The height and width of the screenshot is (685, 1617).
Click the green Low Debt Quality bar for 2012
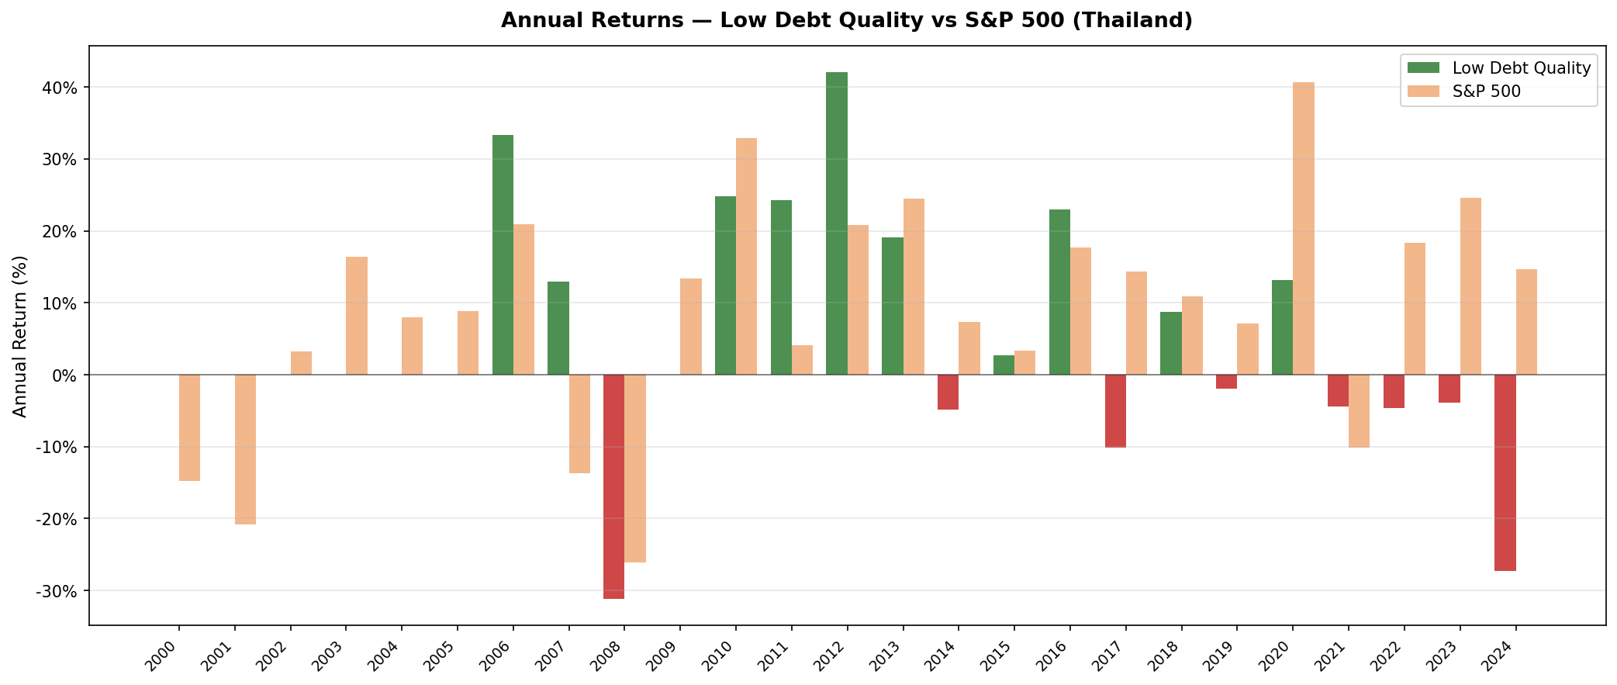(837, 223)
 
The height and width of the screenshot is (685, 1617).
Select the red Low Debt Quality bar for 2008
(613, 486)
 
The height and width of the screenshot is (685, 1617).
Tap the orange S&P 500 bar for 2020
(1304, 229)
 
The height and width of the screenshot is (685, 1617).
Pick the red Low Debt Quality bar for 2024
(1505, 472)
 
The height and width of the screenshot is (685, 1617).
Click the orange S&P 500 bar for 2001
(245, 449)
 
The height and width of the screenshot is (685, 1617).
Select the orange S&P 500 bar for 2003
(357, 316)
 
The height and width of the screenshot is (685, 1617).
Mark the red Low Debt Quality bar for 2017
(1115, 411)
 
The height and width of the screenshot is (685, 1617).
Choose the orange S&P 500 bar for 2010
(746, 256)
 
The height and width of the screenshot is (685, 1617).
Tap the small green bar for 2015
(1004, 365)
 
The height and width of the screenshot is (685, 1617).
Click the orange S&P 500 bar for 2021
(1359, 411)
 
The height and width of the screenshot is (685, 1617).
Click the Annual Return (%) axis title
(21, 336)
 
